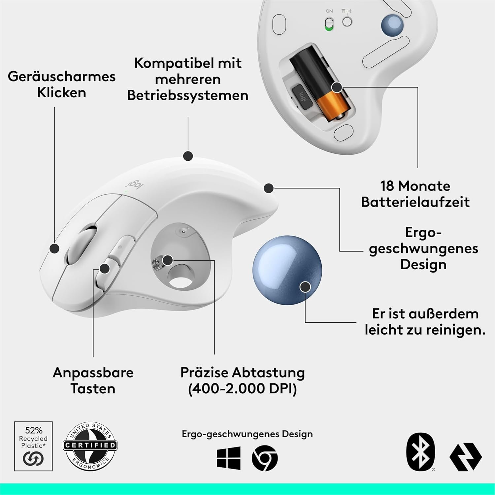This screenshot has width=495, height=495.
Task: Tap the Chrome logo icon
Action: pos(265,458)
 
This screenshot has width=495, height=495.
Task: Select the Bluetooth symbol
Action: pos(420,452)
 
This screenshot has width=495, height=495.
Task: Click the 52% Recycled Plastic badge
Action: pos(33,446)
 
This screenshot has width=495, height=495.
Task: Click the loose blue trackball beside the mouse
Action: pos(287,269)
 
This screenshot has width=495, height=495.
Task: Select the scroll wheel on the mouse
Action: pos(81,244)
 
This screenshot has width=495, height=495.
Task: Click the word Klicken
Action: pos(61,92)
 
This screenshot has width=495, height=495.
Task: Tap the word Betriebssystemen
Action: pos(188,95)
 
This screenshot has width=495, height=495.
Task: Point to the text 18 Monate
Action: pos(415,186)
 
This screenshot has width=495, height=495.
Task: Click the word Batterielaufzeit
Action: pos(415,202)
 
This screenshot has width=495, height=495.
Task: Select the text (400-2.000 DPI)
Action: pos(243,389)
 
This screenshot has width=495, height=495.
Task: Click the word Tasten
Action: pos(93,388)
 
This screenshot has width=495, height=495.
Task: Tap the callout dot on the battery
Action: pos(337,87)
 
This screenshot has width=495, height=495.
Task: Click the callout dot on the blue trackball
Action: pos(306,286)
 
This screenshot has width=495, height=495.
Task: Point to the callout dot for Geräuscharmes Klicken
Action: pos(54,248)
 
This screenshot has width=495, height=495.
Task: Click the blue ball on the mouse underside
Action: pos(392,25)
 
